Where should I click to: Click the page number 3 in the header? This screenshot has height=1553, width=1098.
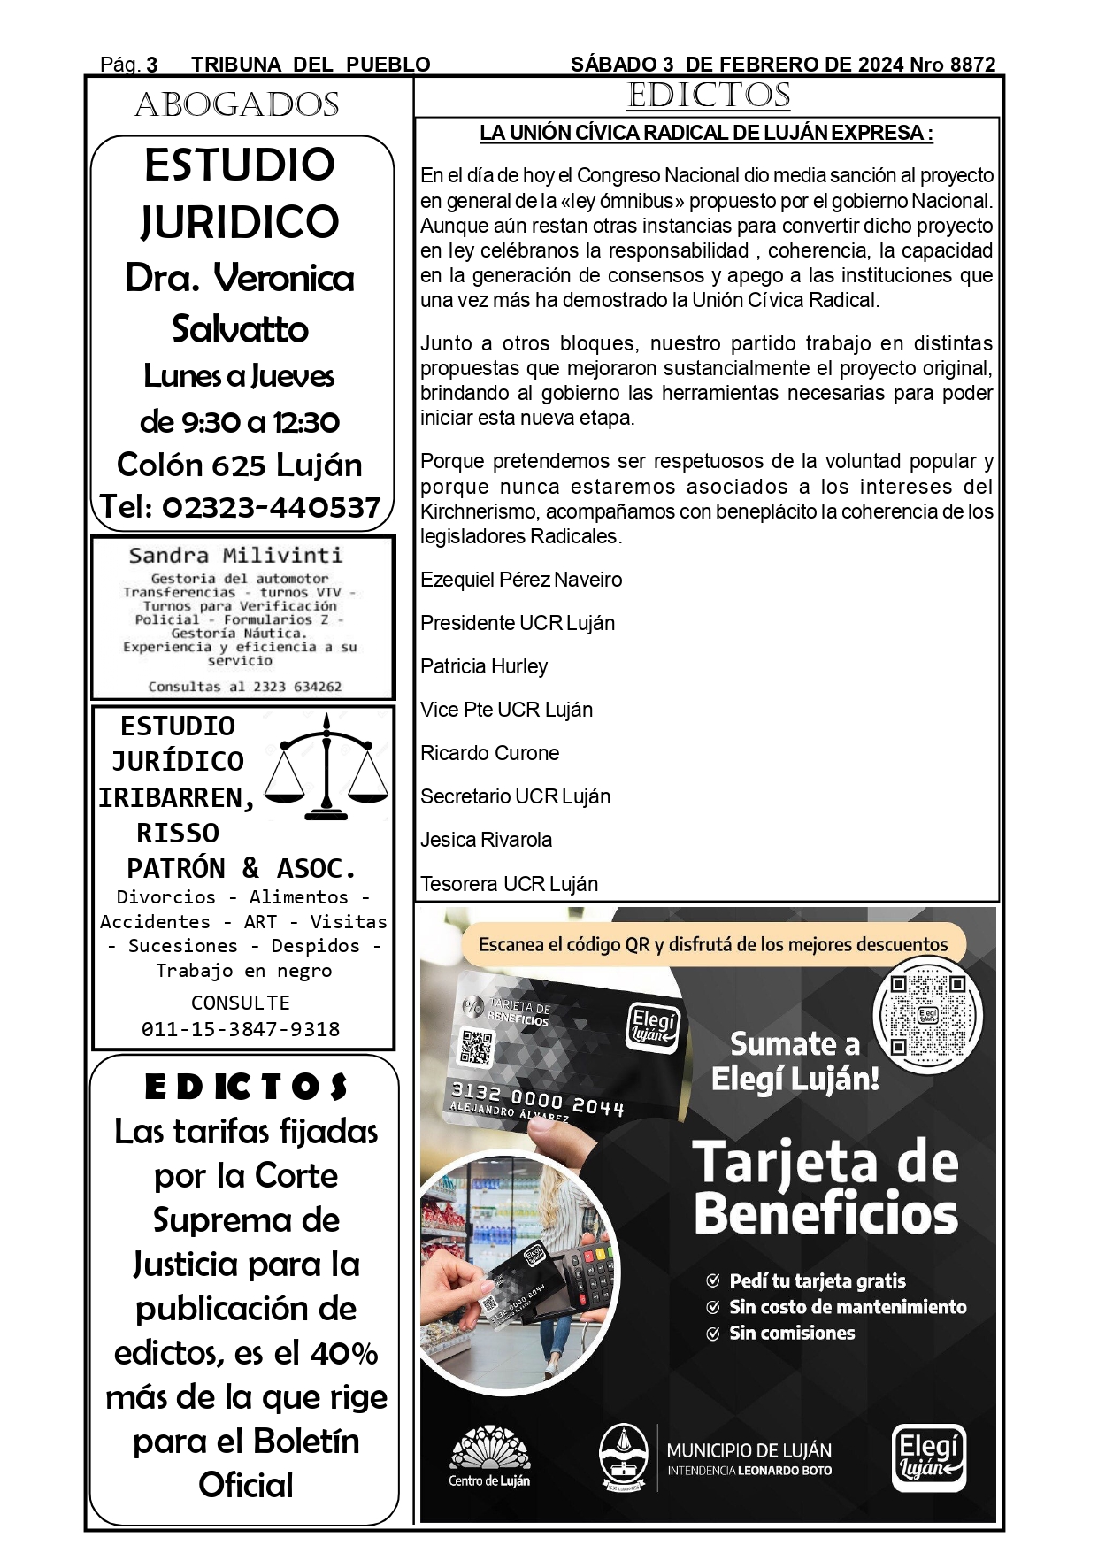coord(152,65)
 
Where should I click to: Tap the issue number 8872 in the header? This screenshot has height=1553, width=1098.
coord(972,65)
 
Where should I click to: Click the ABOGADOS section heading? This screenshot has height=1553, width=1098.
coord(237,105)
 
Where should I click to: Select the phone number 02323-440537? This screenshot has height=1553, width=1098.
coord(272,507)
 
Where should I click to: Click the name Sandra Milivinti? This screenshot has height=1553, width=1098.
coord(235,556)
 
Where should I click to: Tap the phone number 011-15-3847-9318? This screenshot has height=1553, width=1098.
coord(241,1029)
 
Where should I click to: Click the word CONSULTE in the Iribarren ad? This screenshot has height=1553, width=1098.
coord(241,1003)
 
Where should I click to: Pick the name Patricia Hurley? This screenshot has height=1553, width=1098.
coord(484,666)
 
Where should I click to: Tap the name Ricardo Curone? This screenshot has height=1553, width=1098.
coord(490,753)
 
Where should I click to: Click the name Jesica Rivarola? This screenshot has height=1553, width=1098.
coord(487,840)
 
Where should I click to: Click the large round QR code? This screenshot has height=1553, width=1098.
coord(927,1014)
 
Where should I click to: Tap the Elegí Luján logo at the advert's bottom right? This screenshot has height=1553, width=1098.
coord(928,1457)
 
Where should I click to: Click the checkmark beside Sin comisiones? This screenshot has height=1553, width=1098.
coord(713,1334)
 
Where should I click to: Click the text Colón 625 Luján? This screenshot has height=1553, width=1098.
coord(240,465)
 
